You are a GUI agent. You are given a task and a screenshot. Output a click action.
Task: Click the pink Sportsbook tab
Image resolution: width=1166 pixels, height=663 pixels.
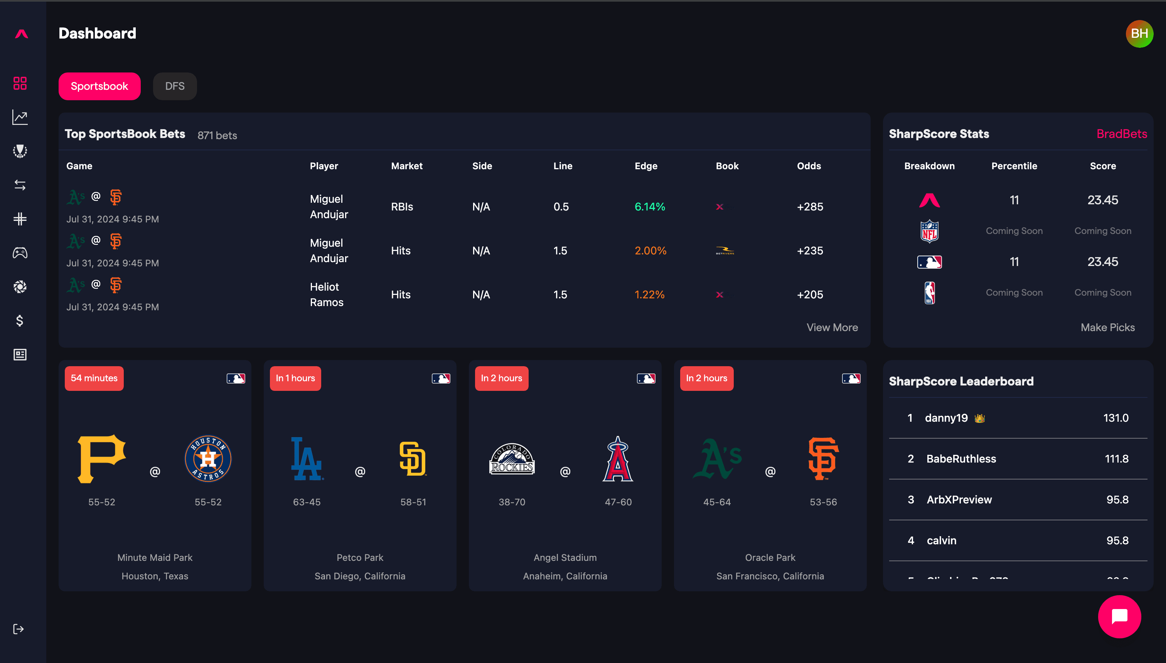click(99, 86)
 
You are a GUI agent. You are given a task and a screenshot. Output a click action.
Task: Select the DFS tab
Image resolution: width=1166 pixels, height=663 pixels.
click(174, 86)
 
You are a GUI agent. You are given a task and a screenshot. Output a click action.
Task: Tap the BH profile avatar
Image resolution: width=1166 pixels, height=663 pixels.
click(1139, 34)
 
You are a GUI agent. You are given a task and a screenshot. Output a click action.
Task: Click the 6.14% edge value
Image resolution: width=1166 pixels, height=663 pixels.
click(649, 207)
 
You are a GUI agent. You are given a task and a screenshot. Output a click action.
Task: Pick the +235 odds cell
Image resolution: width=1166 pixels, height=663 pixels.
click(810, 251)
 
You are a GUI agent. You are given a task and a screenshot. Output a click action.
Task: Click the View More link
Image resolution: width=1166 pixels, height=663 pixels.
click(832, 327)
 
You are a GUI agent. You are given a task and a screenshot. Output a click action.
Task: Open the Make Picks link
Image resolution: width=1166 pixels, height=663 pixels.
click(1107, 327)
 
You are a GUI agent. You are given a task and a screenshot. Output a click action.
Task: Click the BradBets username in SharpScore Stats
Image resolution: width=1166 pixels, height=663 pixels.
click(1121, 134)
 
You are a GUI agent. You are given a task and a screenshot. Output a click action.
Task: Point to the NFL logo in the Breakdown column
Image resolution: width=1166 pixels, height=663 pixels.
click(929, 231)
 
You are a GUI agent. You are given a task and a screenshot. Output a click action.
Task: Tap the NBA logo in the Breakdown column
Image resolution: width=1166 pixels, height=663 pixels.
click(929, 292)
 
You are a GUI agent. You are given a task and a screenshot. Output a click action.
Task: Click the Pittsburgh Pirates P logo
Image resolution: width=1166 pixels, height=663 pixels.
click(101, 458)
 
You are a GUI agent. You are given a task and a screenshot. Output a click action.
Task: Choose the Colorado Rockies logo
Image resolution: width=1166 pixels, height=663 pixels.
click(512, 459)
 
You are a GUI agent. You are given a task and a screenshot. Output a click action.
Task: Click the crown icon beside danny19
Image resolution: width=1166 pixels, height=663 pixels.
click(979, 418)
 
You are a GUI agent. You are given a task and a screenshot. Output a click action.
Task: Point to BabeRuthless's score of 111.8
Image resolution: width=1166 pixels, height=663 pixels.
click(1116, 459)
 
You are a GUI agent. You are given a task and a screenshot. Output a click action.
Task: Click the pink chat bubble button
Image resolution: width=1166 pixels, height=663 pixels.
click(1119, 617)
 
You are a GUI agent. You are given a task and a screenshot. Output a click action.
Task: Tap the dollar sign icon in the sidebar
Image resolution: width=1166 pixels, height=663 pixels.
click(20, 321)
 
